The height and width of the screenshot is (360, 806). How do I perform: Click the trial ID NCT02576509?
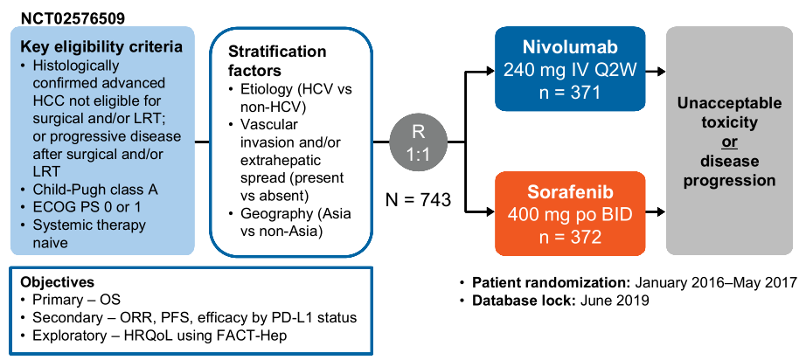tap(73, 19)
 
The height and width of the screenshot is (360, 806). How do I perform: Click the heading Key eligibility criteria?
tap(101, 47)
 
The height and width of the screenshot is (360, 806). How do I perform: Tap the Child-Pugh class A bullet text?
tap(95, 190)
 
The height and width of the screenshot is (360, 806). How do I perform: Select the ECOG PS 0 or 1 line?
tap(87, 207)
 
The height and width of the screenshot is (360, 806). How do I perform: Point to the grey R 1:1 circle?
tap(419, 142)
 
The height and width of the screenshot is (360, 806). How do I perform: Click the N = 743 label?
tap(419, 200)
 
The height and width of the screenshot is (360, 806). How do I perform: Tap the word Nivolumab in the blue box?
tap(570, 46)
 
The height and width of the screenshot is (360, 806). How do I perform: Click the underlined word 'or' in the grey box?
tap(729, 142)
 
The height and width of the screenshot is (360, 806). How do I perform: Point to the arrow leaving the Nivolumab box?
tap(656, 72)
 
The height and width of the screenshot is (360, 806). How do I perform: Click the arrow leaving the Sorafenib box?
tap(656, 211)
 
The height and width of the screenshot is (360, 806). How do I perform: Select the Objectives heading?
tap(57, 282)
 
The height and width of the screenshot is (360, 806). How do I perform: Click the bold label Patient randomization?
tap(552, 283)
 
